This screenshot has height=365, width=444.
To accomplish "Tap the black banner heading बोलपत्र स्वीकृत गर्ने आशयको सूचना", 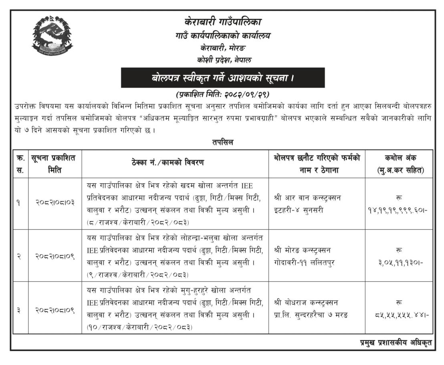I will point(223,78).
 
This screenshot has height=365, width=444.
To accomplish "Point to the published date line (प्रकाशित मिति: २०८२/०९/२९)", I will point(222,95).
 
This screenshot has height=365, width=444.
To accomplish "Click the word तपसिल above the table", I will point(223,142).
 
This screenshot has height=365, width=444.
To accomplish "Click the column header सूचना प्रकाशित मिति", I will point(54,164).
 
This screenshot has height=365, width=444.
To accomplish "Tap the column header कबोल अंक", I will point(399,164).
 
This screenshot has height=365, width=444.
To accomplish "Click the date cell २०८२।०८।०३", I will point(54,203).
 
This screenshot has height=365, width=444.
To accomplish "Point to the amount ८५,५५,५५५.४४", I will point(399,315).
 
